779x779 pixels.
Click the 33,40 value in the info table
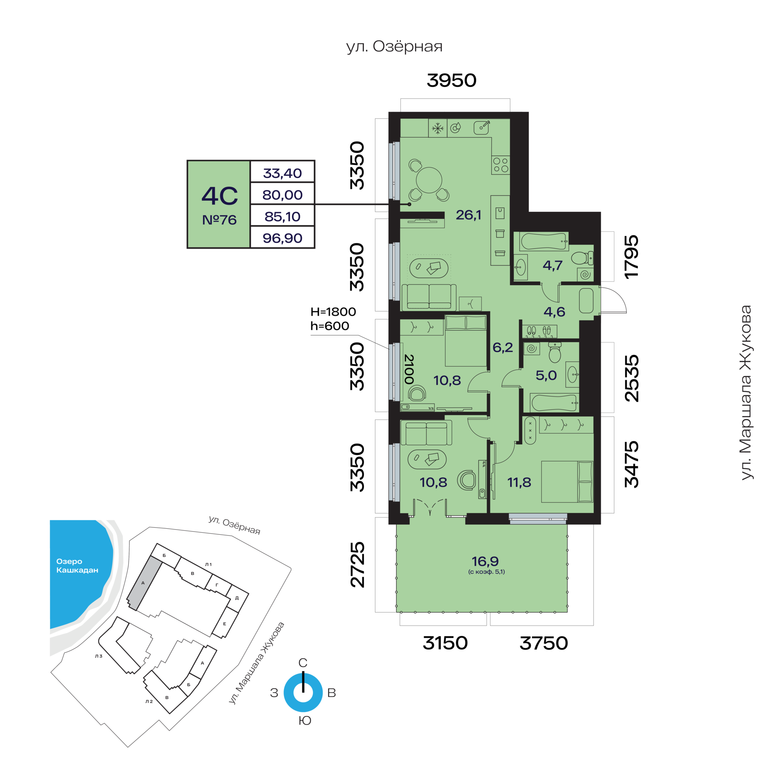coord(282,173)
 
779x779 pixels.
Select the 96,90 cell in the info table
coord(282,238)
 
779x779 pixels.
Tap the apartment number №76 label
coord(219,220)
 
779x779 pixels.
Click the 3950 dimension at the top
coord(452,80)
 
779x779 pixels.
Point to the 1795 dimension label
coord(631,256)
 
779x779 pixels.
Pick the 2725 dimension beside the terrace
coord(357,565)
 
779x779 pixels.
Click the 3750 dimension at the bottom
coord(544,643)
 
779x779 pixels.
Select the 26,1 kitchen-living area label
coord(469,215)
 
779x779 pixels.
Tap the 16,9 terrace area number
coord(485,562)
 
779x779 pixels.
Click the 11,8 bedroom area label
coord(519,482)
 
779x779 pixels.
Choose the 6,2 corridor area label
coord(503,347)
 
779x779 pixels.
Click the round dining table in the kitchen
coord(429,180)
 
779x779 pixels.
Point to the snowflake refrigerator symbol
coord(437,129)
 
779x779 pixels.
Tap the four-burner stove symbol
coord(501,165)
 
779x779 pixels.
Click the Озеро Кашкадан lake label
coord(77,566)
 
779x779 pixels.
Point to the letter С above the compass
coord(303,663)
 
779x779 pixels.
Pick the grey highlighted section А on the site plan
coord(144,583)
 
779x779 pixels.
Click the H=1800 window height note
coord(333,312)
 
